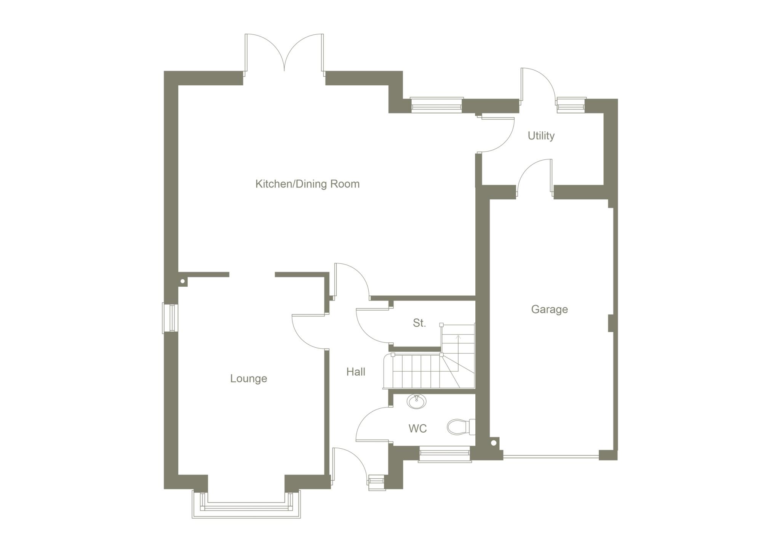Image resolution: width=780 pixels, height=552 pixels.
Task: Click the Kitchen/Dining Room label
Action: (x=307, y=184)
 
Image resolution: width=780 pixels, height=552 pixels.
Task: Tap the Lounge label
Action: (x=248, y=379)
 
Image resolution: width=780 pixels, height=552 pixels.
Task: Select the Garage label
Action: (x=549, y=309)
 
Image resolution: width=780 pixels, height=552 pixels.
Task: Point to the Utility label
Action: (x=541, y=136)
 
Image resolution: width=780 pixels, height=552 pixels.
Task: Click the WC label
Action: (x=417, y=428)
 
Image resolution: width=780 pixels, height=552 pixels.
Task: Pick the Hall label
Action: (x=356, y=372)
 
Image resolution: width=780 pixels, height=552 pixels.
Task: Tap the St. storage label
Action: (x=419, y=323)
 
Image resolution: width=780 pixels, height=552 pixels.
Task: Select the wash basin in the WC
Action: (x=416, y=401)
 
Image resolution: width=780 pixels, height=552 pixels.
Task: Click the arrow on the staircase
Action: (x=458, y=337)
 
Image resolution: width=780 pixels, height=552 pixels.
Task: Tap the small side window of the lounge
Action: (x=170, y=318)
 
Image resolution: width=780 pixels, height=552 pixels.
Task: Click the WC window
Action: (x=444, y=455)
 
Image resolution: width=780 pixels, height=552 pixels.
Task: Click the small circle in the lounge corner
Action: (x=183, y=281)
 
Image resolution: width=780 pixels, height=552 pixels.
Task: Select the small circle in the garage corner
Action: (x=494, y=443)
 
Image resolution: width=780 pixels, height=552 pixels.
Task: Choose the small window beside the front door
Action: (x=376, y=482)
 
